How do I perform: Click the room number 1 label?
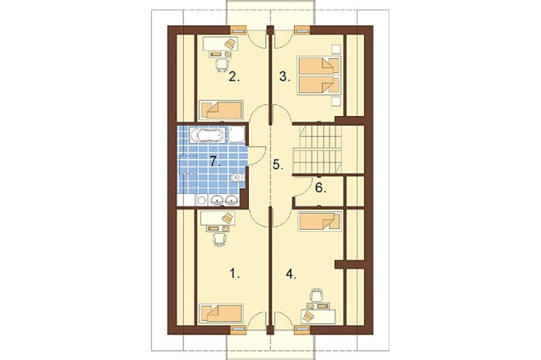click(x=234, y=274)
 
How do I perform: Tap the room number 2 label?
click(x=234, y=77)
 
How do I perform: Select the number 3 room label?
click(x=284, y=77)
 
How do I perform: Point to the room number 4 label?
click(x=291, y=274)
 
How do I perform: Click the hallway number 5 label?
click(x=278, y=165)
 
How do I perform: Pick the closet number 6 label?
click(x=320, y=188)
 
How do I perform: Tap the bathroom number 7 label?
click(x=215, y=161)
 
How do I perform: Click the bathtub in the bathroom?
click(x=207, y=135)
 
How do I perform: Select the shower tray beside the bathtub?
click(x=237, y=135)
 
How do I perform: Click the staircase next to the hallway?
click(x=317, y=149)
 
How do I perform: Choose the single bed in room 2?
click(x=221, y=110)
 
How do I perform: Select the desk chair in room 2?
click(x=222, y=65)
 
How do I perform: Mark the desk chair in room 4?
click(x=317, y=294)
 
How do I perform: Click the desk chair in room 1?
click(x=220, y=239)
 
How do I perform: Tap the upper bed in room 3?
click(x=319, y=65)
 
